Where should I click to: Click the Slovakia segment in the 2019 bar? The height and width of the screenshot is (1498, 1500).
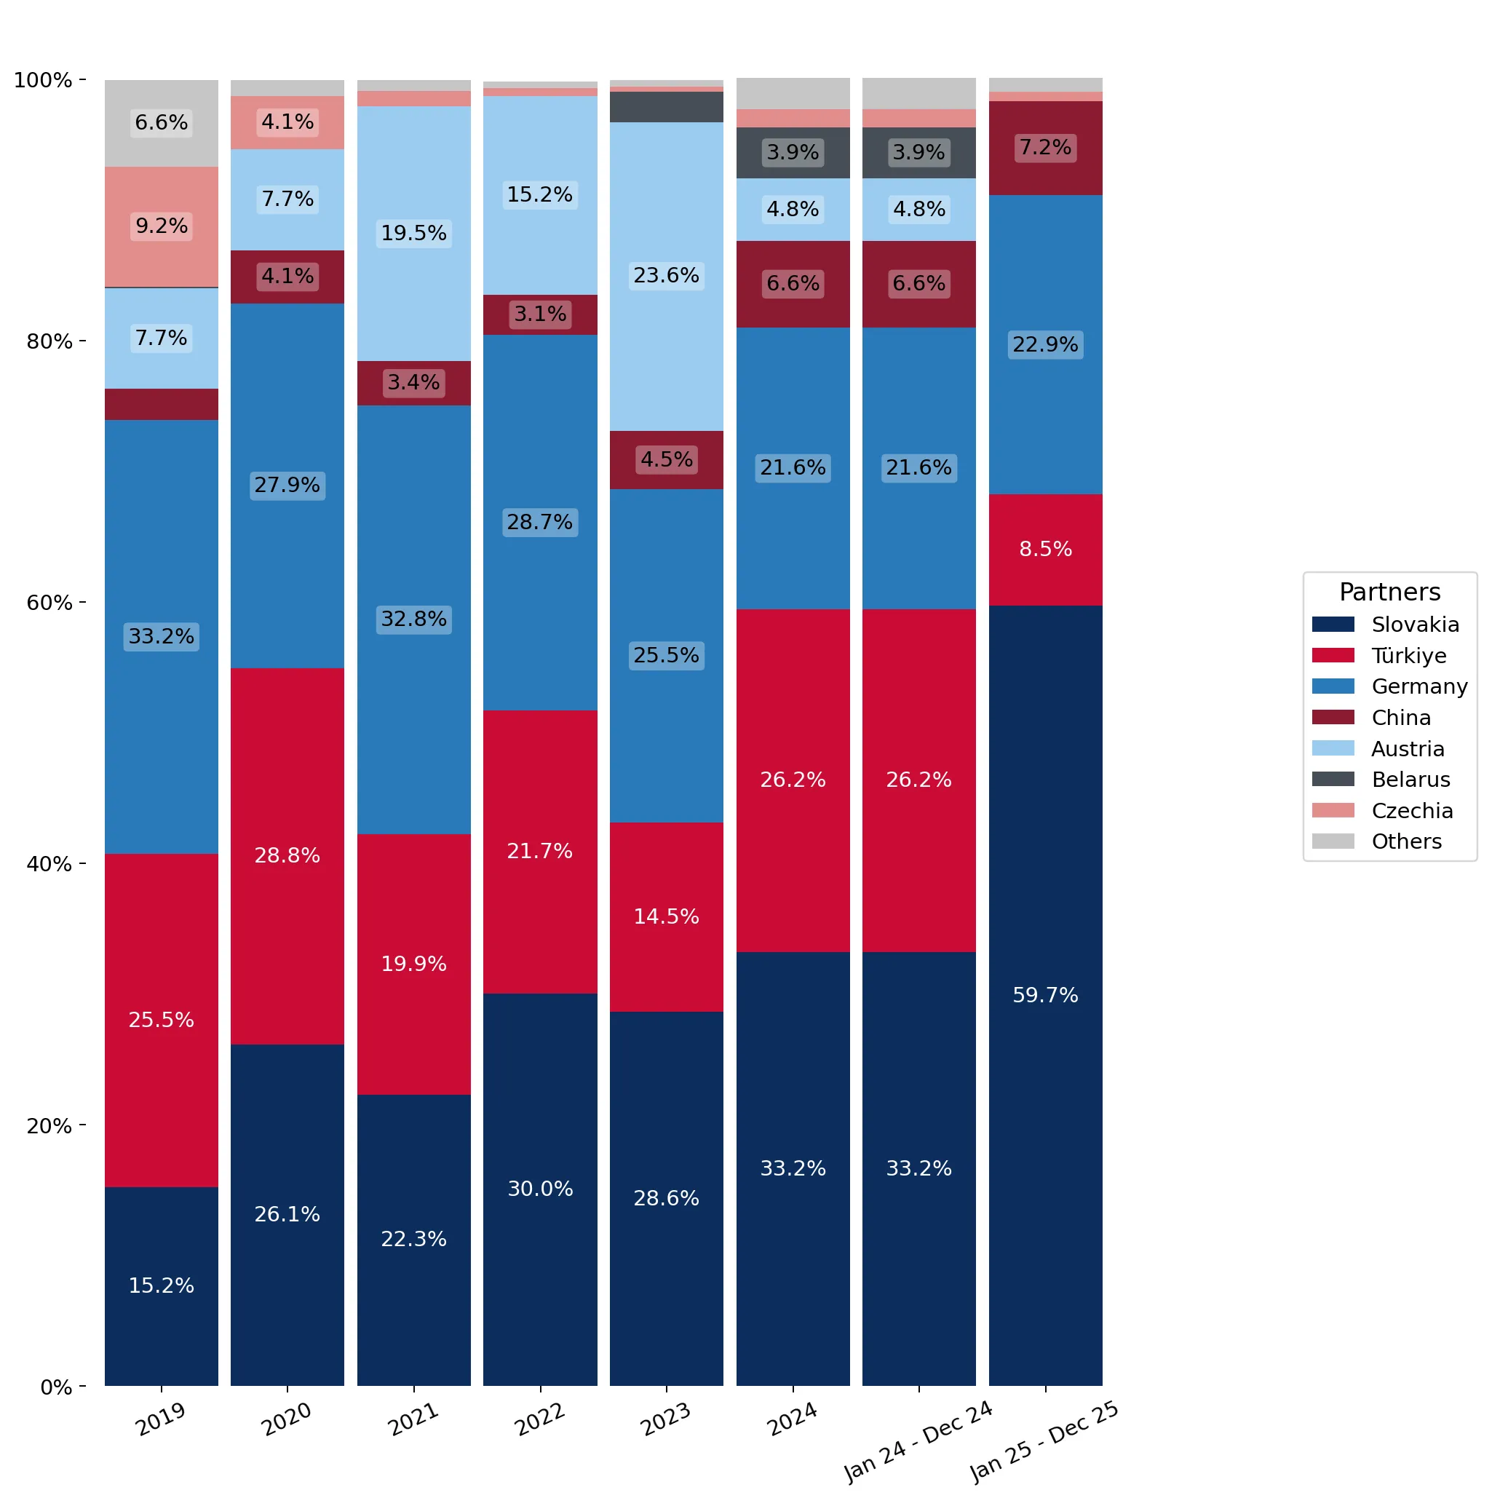[162, 1287]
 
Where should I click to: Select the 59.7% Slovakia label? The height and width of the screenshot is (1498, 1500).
[1045, 996]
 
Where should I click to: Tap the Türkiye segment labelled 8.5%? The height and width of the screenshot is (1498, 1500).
[1045, 550]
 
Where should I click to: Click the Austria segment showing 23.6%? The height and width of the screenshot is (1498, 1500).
[666, 277]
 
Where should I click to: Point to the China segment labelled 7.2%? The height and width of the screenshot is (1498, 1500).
[1045, 148]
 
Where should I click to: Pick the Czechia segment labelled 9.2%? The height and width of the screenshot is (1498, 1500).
[162, 228]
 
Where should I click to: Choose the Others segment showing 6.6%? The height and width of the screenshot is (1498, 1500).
[162, 124]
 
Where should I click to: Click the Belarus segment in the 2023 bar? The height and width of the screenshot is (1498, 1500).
[666, 107]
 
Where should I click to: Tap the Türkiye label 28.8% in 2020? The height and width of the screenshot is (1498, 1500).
[287, 856]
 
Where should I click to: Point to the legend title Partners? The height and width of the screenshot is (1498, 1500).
[1390, 593]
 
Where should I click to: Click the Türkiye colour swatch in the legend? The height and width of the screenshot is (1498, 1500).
[1333, 655]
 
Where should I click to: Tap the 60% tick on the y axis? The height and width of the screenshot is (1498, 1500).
[82, 603]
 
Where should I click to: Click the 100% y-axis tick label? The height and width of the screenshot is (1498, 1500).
[44, 80]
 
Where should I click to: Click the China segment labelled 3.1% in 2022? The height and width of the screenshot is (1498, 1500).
[540, 315]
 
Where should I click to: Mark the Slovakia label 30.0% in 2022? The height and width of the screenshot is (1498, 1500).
[540, 1189]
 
